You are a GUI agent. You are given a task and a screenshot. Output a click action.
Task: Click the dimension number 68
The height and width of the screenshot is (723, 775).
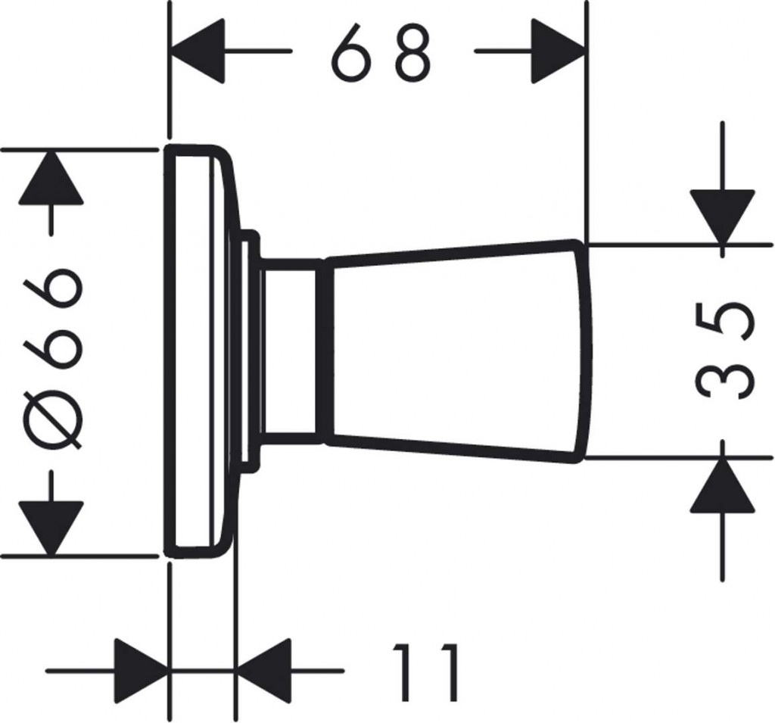pos(381,51)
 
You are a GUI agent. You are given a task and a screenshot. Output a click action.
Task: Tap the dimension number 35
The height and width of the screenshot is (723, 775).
pos(724,351)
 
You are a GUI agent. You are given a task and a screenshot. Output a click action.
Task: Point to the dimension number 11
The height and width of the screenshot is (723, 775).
pos(425,672)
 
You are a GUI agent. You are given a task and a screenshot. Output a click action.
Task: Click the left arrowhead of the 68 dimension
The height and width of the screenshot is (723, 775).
pos(197,51)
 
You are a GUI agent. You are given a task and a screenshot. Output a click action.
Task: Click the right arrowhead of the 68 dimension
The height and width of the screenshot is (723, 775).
pos(559,51)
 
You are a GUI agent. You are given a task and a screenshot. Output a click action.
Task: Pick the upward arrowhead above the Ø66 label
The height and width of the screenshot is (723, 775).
pos(50,178)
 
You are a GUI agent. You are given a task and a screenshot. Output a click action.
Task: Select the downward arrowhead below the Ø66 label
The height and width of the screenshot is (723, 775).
pos(50,528)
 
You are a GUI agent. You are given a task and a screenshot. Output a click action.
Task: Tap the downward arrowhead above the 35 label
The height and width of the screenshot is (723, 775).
pos(723,217)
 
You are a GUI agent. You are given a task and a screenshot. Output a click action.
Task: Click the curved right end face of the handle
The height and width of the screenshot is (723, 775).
pos(584,351)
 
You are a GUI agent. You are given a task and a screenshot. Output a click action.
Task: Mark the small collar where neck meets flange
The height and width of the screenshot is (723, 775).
pos(249,351)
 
